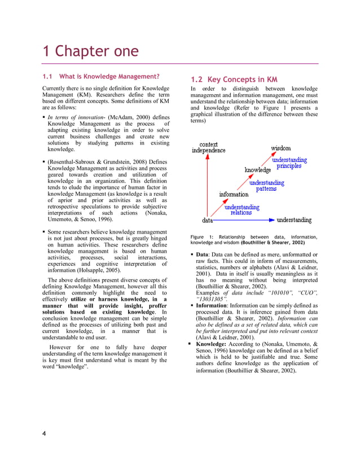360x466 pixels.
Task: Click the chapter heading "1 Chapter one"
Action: (x=90, y=51)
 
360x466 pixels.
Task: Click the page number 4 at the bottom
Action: (x=43, y=433)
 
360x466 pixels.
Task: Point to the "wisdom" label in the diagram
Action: (x=281, y=148)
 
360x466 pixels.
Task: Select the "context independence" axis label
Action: (x=208, y=147)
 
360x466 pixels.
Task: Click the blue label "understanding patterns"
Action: (x=266, y=186)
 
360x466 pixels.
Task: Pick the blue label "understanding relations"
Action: (x=242, y=210)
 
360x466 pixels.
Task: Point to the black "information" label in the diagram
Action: (x=234, y=195)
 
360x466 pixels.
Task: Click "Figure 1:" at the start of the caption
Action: (x=201, y=237)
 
